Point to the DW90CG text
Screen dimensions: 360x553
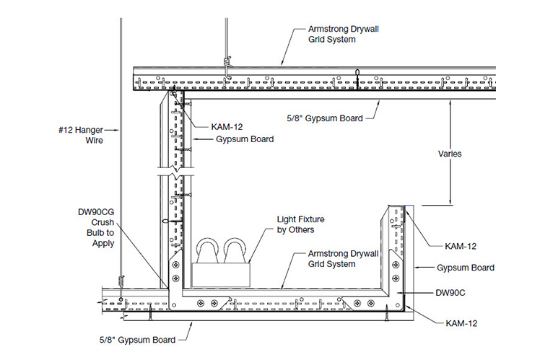pyautogui.click(x=95, y=213)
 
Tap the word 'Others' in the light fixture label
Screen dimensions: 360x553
pyautogui.click(x=305, y=229)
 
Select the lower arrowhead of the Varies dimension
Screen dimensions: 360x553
pyautogui.click(x=452, y=203)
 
